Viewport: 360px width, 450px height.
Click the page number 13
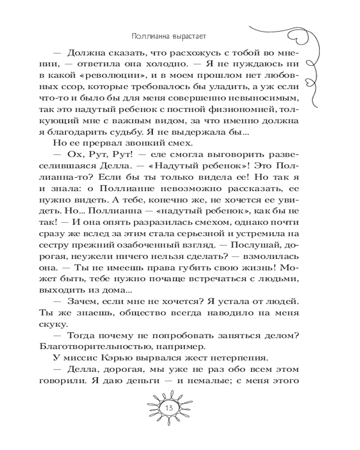pyautogui.click(x=169, y=408)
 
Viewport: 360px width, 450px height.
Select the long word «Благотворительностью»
pyautogui.click(x=104, y=346)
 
